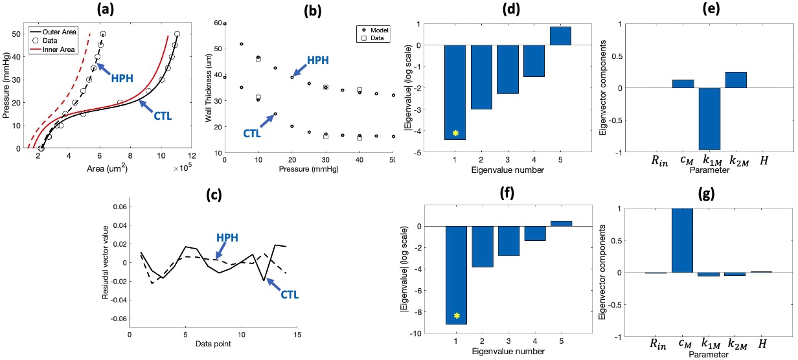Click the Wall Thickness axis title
209,87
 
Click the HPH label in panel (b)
317,61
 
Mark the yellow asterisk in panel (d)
455,133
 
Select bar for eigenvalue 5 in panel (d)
561,36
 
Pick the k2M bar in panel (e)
735,80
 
